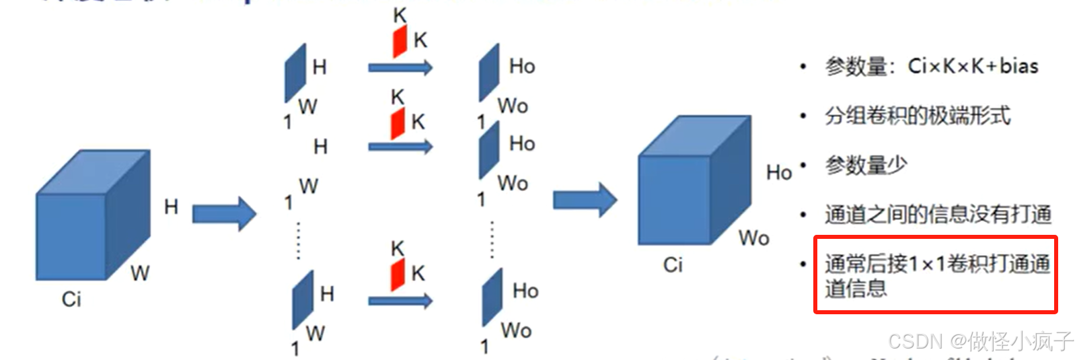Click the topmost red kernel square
[400, 41]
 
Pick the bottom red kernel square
[398, 275]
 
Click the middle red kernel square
[398, 124]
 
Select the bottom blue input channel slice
[303, 299]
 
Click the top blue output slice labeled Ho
[489, 72]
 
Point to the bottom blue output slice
[492, 297]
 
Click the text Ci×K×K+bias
[973, 66]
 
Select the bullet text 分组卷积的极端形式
[918, 116]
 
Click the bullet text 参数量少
[866, 165]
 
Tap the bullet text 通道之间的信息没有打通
[938, 214]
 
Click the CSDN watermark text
[980, 341]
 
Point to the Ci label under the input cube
[71, 299]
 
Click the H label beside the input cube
[171, 207]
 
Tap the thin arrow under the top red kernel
[400, 67]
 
